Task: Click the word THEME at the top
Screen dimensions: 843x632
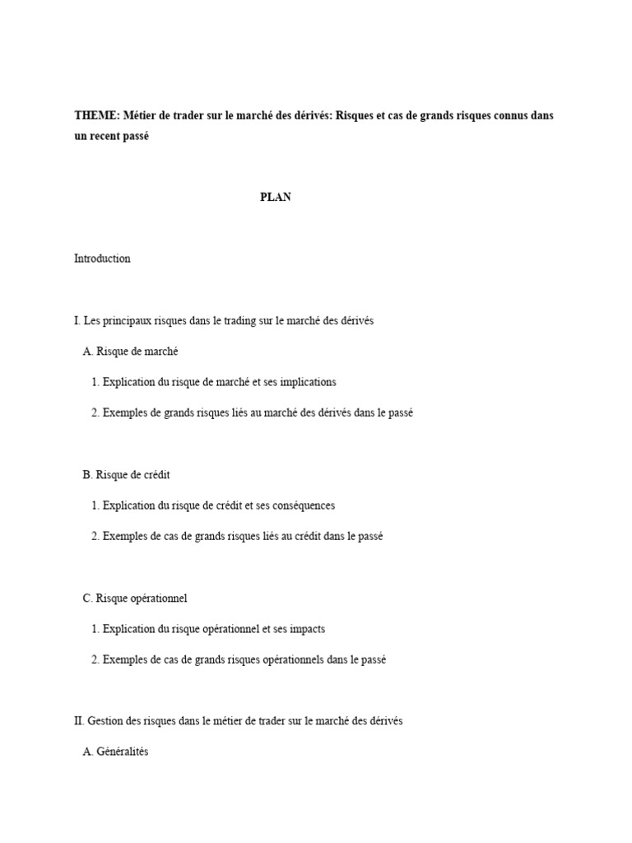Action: point(96,116)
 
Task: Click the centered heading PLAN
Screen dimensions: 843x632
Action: point(276,198)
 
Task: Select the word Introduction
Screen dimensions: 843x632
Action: point(102,258)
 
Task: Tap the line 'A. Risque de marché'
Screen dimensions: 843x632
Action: point(130,352)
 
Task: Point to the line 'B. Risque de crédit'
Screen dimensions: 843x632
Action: point(126,475)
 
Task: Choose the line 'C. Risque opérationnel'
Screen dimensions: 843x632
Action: point(135,598)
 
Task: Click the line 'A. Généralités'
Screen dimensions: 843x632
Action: point(115,752)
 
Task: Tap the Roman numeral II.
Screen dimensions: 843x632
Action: point(79,721)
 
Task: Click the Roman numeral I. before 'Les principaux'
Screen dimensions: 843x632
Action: point(77,321)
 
